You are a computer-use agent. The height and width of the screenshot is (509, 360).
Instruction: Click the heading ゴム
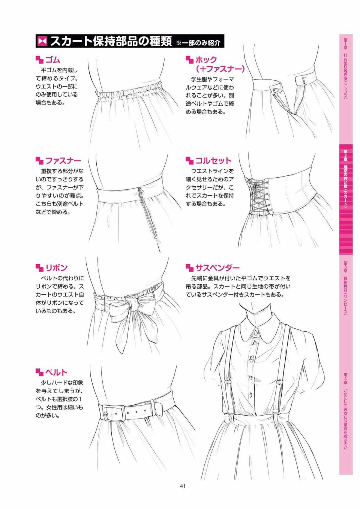pos(52,60)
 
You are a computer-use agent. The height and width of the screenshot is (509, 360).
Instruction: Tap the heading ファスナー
pos(63,161)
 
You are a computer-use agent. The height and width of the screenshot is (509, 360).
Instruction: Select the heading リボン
pos(56,268)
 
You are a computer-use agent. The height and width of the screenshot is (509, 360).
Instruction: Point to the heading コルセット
pos(213,161)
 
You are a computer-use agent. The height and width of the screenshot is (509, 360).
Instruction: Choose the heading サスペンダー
pos(217,268)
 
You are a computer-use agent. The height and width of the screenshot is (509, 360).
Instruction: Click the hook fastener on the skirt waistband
pos(276,90)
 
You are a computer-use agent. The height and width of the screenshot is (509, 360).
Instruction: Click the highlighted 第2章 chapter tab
pos(346,199)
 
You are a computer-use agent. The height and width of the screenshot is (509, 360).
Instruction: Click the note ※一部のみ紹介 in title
pos(198,43)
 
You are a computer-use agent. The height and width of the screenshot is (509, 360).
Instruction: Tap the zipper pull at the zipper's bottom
pos(156,236)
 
